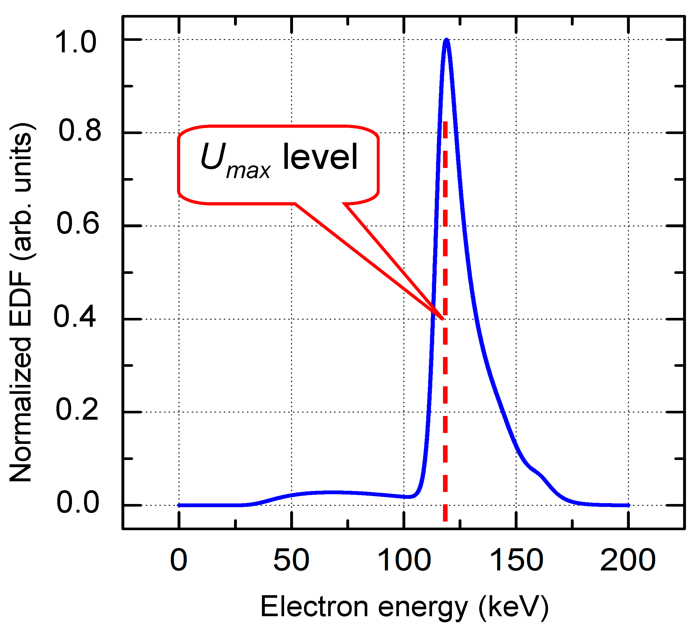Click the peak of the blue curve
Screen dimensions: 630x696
(447, 40)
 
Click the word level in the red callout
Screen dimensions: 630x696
(320, 157)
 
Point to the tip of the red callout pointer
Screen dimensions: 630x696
(443, 319)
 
